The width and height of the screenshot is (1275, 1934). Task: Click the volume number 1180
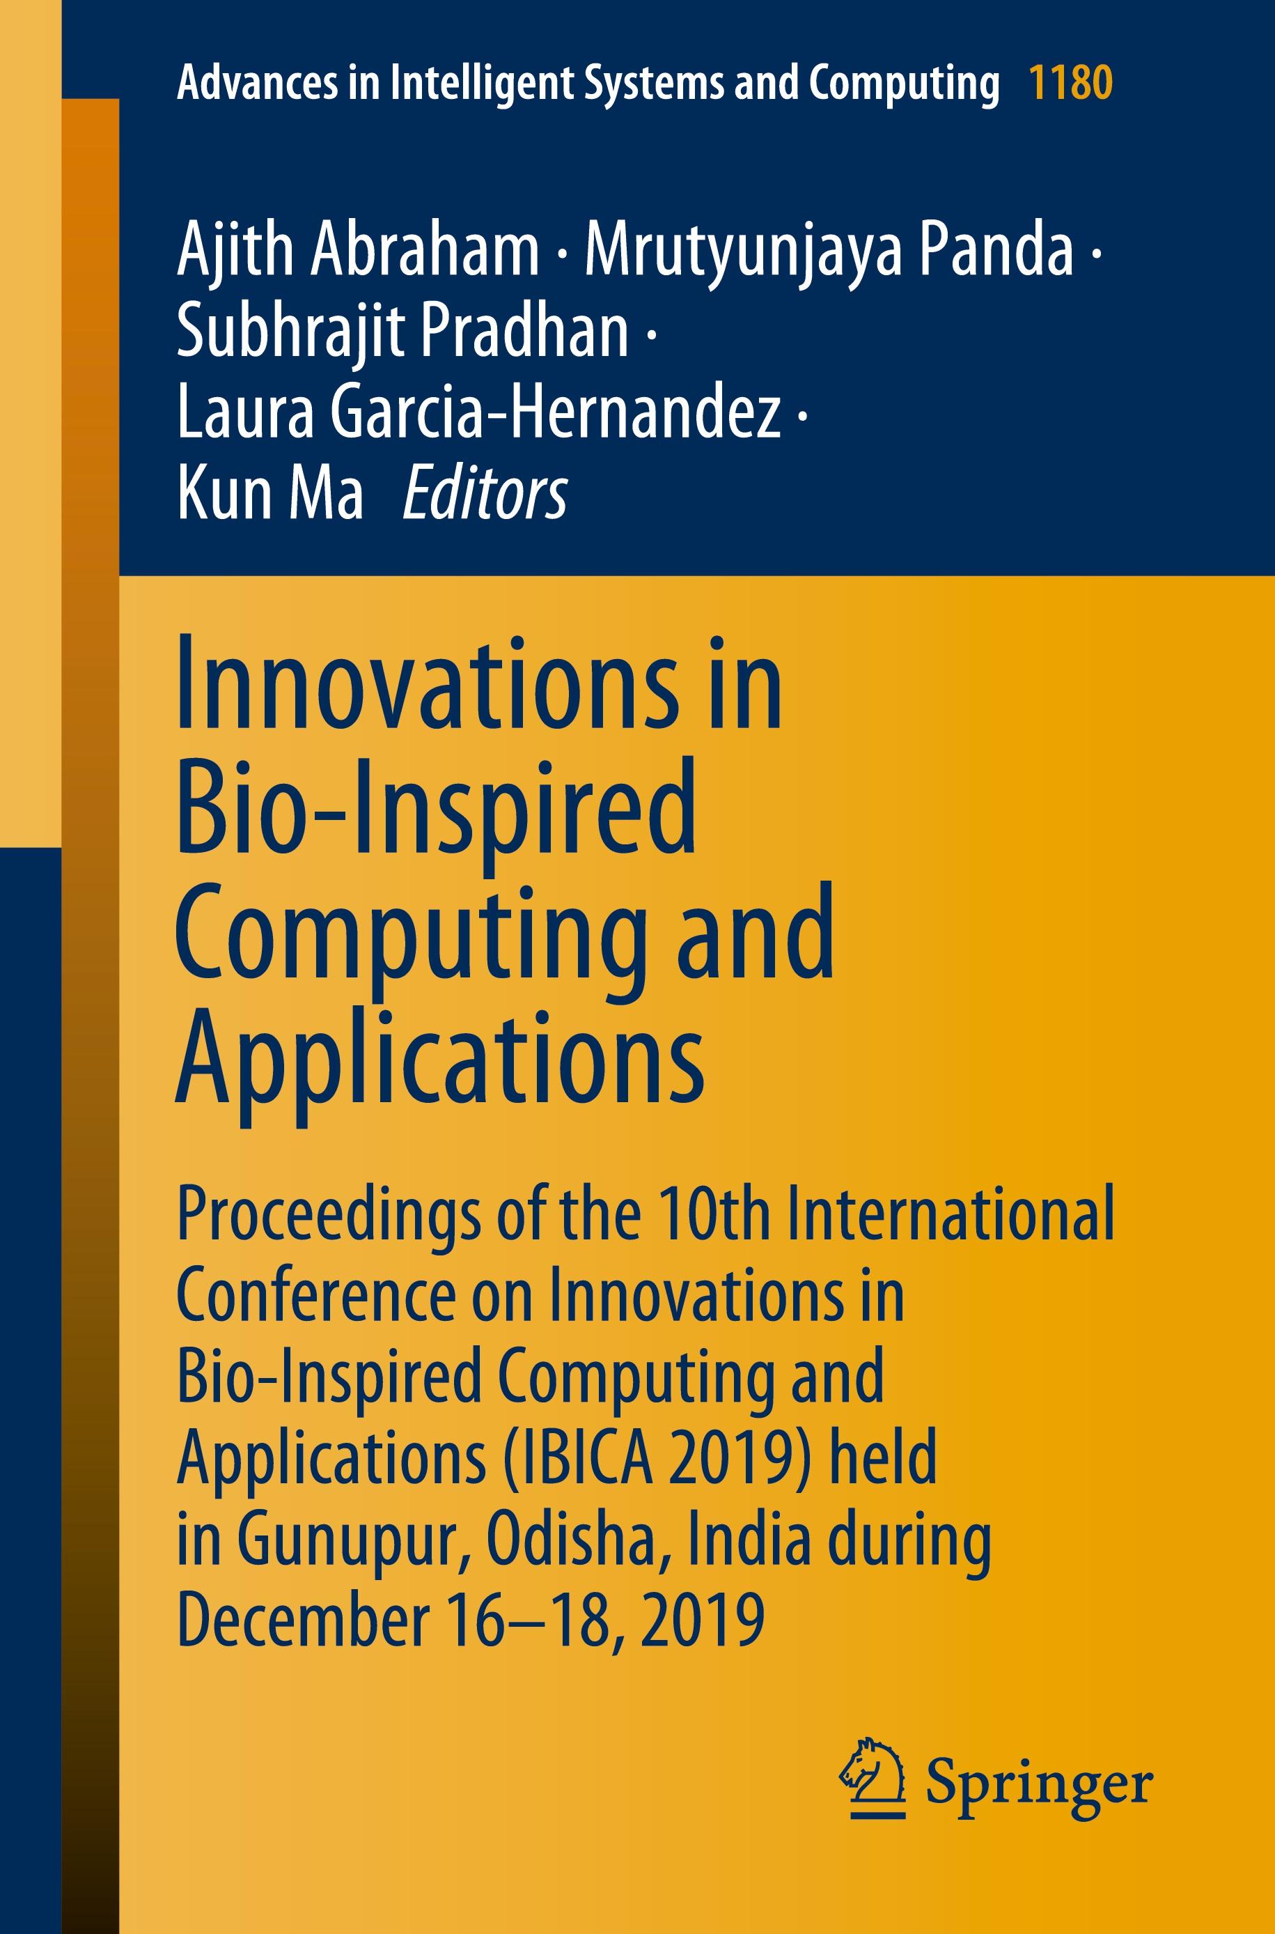pos(1071,82)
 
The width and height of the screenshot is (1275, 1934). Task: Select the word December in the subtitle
pos(304,1619)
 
